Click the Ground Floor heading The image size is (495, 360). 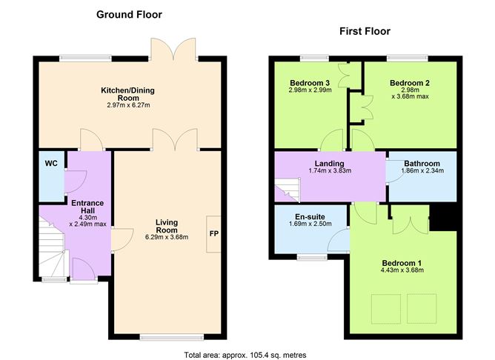(129, 15)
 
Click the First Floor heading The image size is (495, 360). (365, 31)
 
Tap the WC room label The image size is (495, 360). (51, 163)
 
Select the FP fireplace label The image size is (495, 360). (213, 234)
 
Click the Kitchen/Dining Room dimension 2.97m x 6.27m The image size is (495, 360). (128, 105)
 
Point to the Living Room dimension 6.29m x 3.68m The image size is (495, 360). (167, 237)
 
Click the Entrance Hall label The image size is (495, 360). (87, 207)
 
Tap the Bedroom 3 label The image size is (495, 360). (310, 83)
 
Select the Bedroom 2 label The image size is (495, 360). (410, 83)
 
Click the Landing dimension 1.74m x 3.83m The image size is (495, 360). (330, 170)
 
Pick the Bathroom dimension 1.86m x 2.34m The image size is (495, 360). (422, 170)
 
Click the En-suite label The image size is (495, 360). (310, 217)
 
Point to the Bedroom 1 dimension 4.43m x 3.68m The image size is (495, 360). (402, 270)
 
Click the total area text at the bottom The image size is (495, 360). (245, 355)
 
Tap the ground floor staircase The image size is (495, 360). (51, 245)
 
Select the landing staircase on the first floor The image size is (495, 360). (287, 190)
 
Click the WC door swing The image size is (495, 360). (76, 181)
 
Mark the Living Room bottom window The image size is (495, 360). (172, 338)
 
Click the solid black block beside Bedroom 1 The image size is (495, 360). (443, 218)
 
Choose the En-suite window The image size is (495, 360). (312, 258)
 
